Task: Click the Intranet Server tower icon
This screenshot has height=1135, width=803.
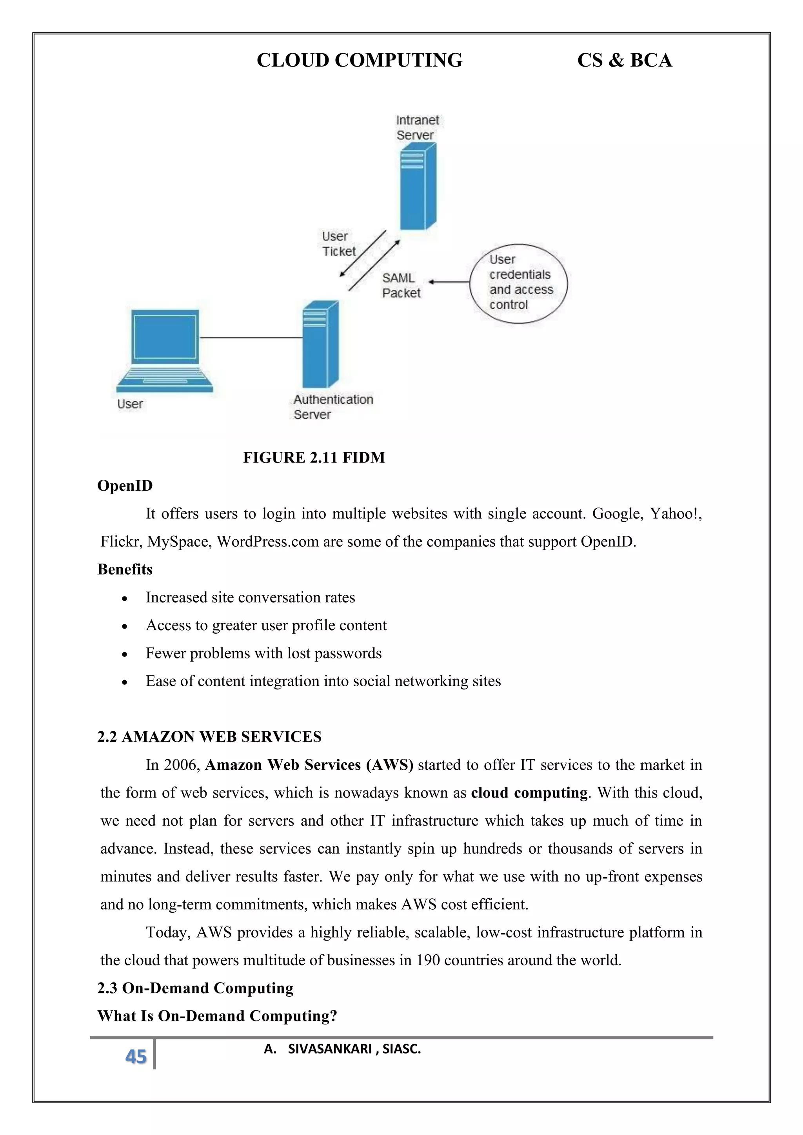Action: coord(417,187)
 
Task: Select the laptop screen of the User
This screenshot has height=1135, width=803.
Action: coord(165,337)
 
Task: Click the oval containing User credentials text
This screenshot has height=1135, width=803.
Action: coord(518,283)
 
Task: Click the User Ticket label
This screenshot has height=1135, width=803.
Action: coord(338,244)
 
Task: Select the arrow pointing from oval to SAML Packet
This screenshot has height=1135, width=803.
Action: coord(449,282)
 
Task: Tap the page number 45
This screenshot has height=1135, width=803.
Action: coord(136,1056)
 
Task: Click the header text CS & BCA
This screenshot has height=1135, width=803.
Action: coord(624,60)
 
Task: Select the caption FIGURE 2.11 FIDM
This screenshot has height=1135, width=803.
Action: coord(314,458)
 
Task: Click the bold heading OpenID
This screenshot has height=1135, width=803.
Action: coord(125,486)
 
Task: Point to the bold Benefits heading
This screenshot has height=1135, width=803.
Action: coord(125,569)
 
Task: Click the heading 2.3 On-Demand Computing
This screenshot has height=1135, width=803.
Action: coord(195,988)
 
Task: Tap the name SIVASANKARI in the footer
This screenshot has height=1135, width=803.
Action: coord(329,1049)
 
